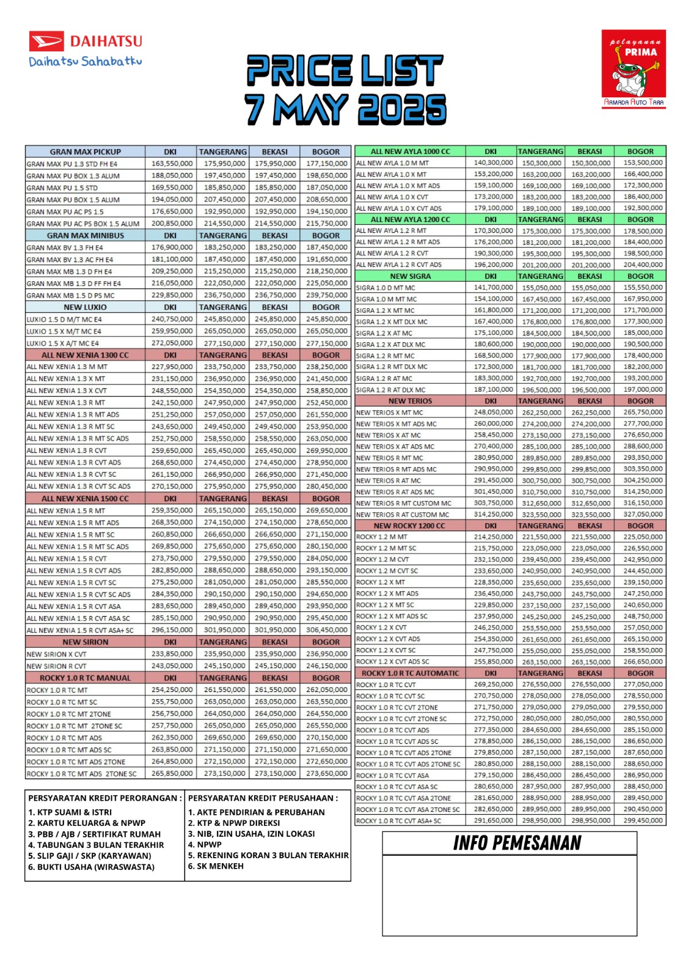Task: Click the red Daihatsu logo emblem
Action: (x=46, y=42)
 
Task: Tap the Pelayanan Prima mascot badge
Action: (x=633, y=69)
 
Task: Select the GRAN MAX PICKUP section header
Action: (x=86, y=152)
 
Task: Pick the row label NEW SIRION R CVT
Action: (x=57, y=666)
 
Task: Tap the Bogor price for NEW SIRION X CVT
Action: (x=326, y=654)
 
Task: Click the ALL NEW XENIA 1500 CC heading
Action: (x=86, y=499)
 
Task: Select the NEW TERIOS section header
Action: (x=410, y=401)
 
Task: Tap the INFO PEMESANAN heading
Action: (x=517, y=844)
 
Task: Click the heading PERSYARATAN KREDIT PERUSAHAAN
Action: (x=263, y=798)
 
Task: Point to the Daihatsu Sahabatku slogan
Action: (x=86, y=62)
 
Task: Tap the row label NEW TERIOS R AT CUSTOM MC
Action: (x=403, y=515)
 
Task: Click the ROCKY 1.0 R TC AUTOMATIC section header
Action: (x=410, y=673)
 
